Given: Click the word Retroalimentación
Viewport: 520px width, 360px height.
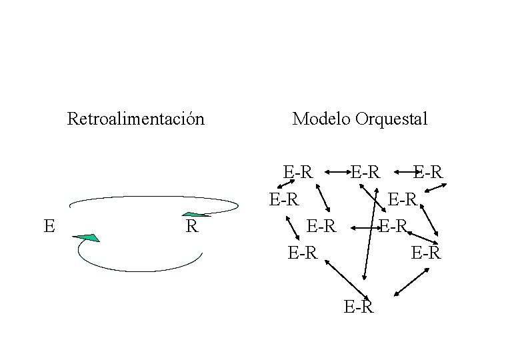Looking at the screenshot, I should pos(135,119).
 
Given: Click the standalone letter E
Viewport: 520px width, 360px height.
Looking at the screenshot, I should pos(49,225).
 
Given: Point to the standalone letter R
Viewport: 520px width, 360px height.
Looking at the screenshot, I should pos(191,226).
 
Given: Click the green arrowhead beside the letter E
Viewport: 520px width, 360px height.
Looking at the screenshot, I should pos(87,237).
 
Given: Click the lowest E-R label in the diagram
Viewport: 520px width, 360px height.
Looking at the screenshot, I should pos(359,307).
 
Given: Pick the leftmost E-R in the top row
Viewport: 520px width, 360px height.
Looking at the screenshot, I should pos(298,172).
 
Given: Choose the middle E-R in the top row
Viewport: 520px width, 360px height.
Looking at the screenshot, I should pos(366,172).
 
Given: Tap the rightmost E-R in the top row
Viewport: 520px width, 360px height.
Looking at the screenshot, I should pos(428,172).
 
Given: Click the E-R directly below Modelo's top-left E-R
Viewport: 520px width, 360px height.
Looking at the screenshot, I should pos(283,199).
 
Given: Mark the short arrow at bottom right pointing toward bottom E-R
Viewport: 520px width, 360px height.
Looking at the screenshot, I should pos(407,283).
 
